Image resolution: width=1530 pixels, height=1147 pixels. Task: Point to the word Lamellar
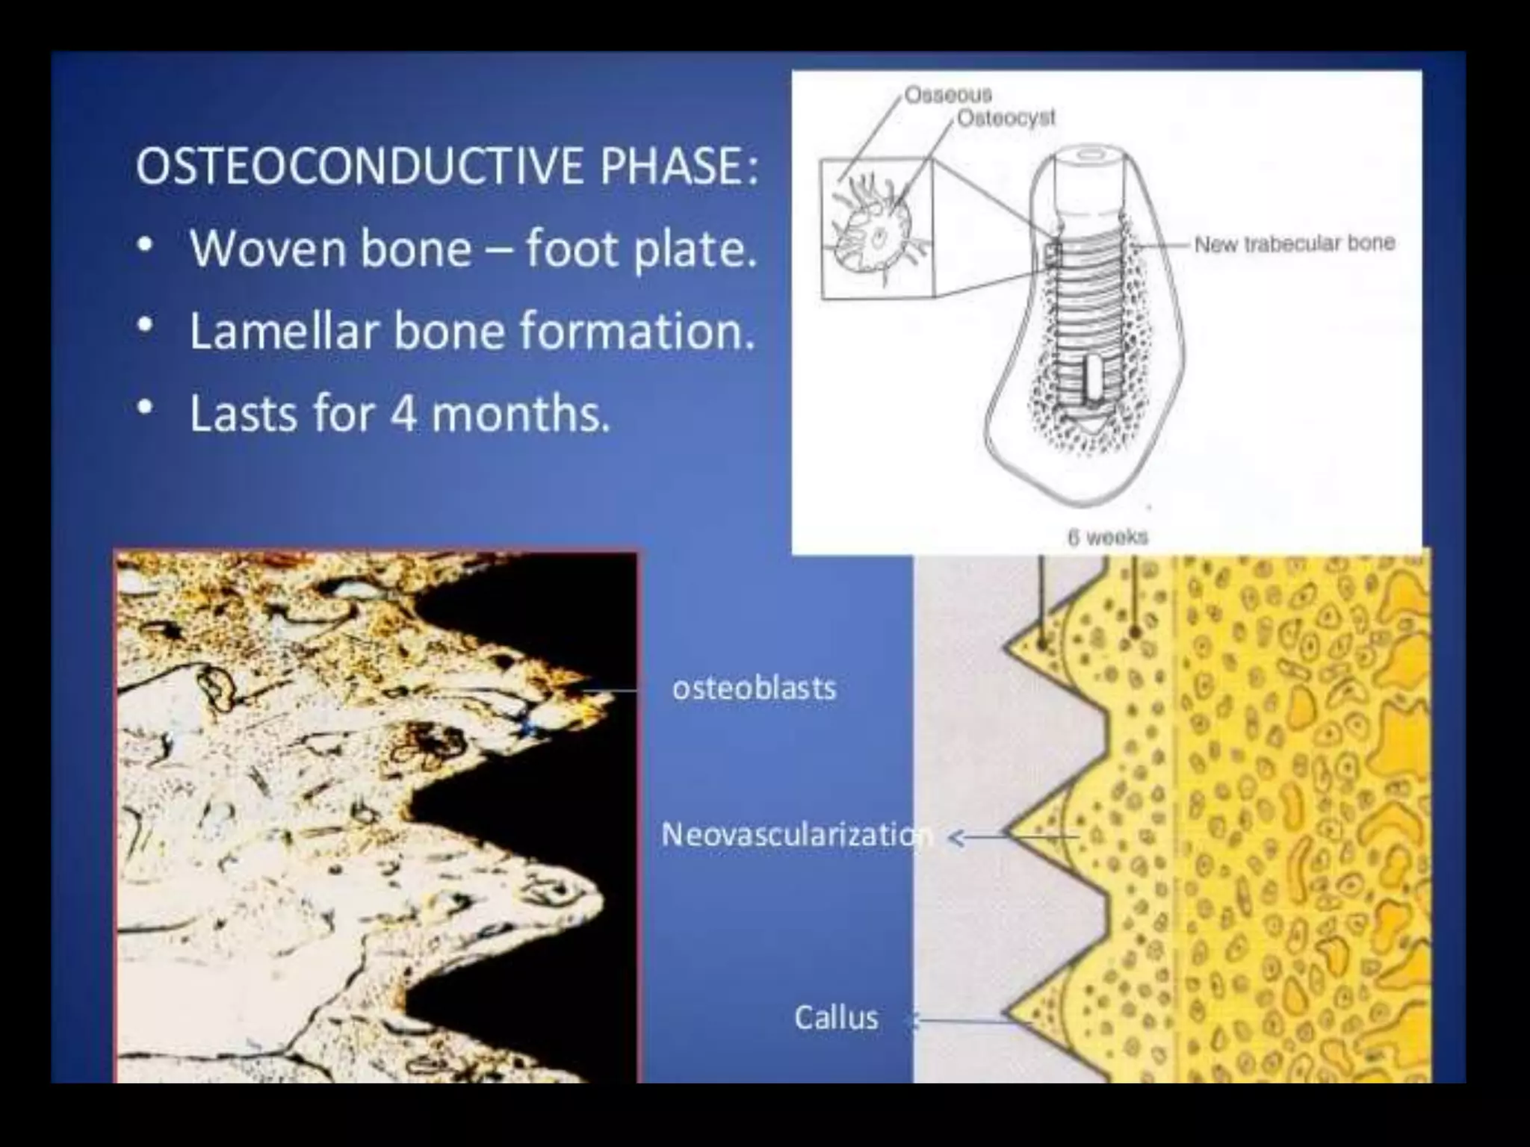point(284,331)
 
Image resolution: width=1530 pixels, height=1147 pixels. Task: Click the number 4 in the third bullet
point(404,414)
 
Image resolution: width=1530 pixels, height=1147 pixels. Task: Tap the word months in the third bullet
point(521,414)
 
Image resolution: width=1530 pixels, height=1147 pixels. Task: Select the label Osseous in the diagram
point(948,95)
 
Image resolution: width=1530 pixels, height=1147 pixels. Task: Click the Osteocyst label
point(1006,118)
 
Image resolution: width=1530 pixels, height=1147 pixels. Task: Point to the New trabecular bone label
point(1295,243)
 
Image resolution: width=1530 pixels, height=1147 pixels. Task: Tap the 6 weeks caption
point(1107,537)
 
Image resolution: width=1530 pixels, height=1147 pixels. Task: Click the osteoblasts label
point(754,688)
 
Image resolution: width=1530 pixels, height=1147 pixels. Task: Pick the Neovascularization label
point(796,834)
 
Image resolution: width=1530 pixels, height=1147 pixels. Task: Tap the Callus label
point(836,1018)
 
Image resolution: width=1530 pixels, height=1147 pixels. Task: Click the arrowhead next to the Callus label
point(911,1021)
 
